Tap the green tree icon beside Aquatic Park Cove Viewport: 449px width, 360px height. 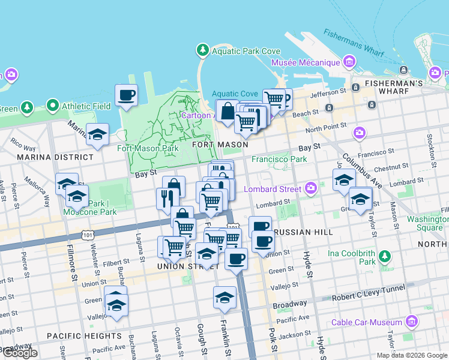pos(203,50)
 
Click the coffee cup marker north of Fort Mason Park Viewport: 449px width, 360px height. pos(126,95)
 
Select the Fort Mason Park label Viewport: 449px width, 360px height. pos(148,148)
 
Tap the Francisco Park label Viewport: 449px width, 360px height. pos(279,159)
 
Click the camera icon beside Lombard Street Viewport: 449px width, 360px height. pos(310,189)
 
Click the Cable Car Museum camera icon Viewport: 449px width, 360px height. pos(411,322)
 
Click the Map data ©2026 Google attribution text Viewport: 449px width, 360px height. pos(411,355)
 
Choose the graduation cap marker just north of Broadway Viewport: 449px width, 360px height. pos(224,298)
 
